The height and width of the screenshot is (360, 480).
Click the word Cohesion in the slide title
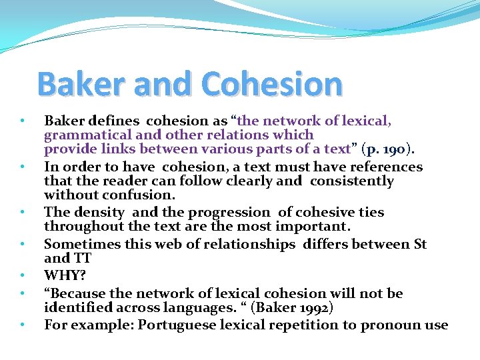271,85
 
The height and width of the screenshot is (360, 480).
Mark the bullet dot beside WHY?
23,275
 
